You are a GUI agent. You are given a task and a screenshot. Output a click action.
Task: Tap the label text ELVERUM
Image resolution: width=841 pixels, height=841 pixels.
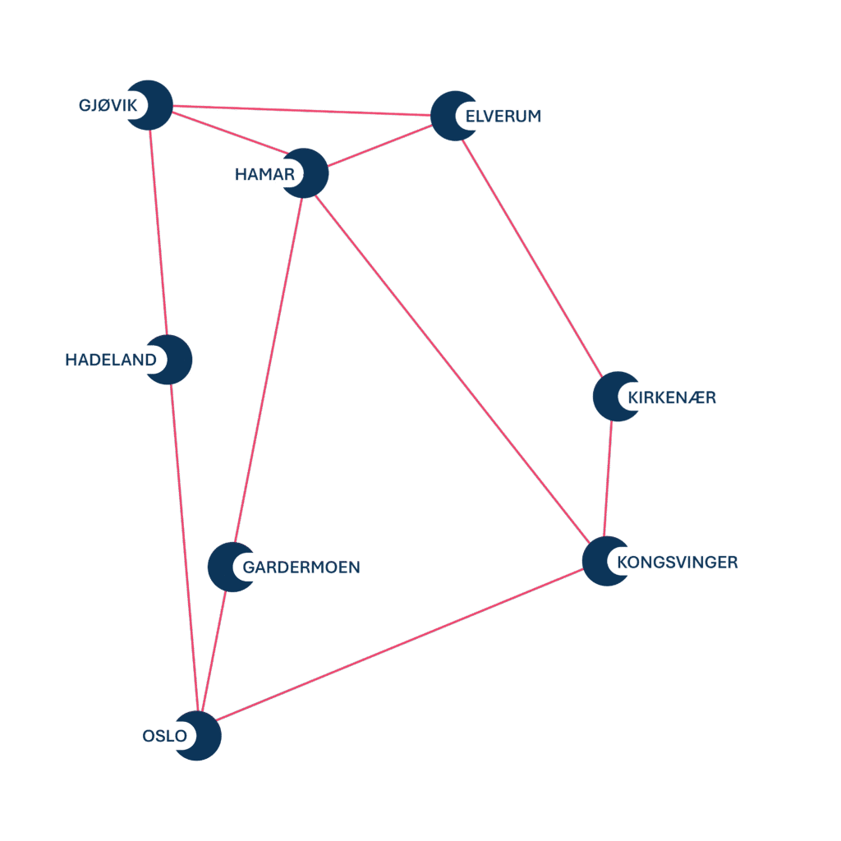tap(503, 116)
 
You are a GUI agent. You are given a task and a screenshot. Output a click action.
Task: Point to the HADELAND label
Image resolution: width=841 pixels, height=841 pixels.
tap(110, 360)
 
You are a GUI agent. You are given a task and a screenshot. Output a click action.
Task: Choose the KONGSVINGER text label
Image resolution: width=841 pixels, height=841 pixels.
tap(677, 563)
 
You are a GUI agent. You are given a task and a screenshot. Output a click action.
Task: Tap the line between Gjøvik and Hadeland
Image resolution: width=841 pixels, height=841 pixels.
tap(159, 230)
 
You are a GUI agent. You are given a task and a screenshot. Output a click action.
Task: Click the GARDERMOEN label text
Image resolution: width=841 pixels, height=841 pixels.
tap(301, 568)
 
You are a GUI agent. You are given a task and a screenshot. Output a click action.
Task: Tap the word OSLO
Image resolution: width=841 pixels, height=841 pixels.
tap(164, 736)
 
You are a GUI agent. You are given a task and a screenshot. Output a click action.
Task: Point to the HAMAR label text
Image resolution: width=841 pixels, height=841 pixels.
tap(264, 174)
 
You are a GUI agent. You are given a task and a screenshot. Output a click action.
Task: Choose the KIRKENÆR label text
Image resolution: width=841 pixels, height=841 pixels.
tap(671, 398)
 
